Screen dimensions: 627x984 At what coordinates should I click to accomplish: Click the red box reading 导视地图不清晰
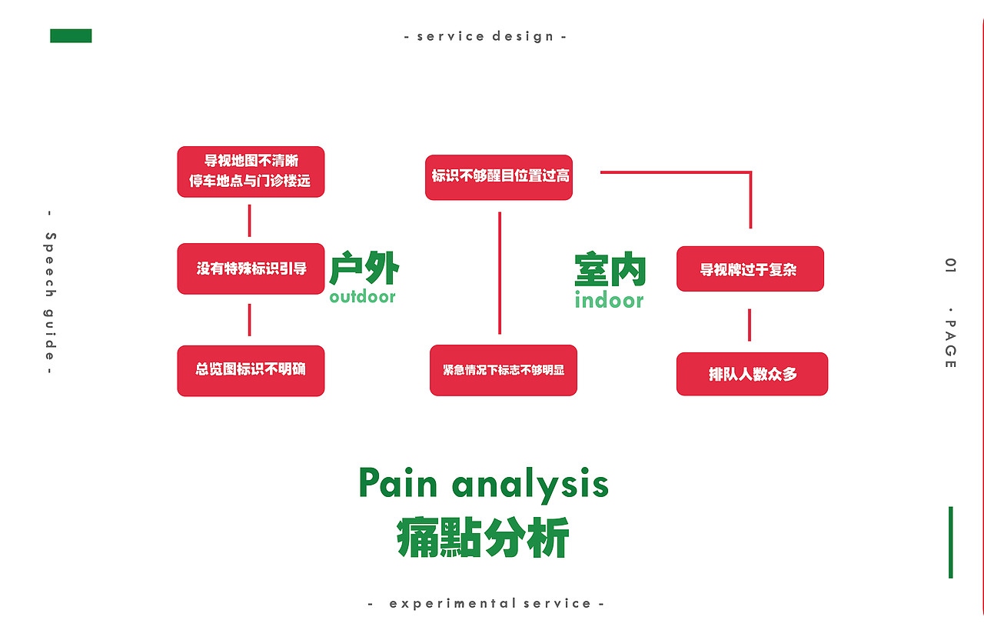251,172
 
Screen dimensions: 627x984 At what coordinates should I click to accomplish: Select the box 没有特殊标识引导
251,268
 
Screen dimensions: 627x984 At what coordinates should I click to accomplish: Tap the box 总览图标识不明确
251,370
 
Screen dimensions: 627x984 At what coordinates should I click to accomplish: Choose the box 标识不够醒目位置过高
499,177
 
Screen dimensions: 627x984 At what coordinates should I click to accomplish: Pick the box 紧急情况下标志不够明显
503,370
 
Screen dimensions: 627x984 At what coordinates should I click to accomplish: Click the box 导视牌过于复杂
750,269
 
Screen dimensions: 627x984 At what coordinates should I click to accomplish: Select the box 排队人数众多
752,374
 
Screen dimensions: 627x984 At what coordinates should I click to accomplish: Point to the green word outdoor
363,297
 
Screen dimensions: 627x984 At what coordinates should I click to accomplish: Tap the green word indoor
609,300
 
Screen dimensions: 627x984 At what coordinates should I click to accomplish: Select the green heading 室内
610,270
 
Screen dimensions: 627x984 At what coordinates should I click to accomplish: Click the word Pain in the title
398,484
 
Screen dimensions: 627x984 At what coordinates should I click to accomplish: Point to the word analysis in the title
530,485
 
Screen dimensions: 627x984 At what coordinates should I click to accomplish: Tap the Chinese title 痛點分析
484,538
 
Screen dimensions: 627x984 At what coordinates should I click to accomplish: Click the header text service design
485,36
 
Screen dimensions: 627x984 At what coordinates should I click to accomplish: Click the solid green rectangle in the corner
71,36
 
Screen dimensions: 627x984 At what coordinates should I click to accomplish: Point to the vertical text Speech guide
51,293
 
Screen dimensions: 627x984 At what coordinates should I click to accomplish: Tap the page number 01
951,266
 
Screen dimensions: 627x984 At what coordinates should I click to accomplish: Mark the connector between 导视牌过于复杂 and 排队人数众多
750,325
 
